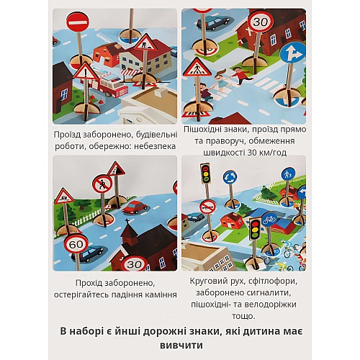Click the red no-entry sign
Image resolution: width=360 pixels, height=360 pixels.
(78, 22)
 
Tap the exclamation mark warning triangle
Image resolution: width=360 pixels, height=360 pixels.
(86, 71)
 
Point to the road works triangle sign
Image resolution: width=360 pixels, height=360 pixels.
(145, 42)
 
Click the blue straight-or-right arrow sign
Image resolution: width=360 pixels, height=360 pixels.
(292, 53)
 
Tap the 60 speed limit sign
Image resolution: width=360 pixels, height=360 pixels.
(76, 244)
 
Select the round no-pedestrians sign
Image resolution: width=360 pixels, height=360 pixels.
(102, 184)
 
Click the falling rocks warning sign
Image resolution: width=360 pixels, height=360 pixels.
(116, 169)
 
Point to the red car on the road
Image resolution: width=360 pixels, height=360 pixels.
(135, 207)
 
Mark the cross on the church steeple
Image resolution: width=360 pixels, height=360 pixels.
(127, 222)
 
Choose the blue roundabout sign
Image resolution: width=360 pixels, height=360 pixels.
(230, 177)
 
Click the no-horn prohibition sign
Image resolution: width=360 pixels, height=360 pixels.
(208, 207)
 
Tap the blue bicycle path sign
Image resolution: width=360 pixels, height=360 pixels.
(269, 220)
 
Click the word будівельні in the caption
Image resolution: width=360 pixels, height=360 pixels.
(157, 135)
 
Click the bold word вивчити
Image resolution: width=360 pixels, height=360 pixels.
(181, 345)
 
